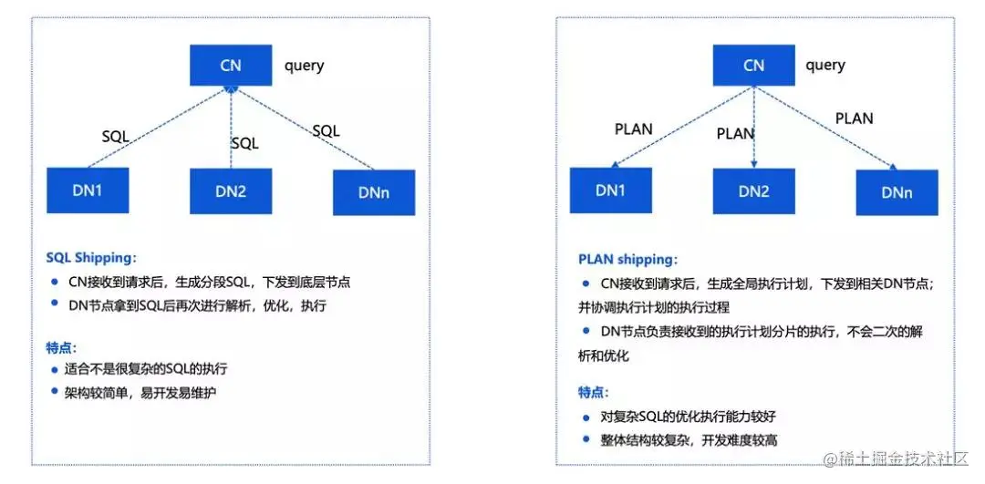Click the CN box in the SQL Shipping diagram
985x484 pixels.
tap(231, 66)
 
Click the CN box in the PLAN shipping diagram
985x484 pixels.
tap(753, 66)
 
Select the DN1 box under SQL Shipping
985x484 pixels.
tap(88, 191)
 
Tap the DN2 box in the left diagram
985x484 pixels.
tap(231, 191)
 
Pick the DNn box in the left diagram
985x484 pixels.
tap(374, 192)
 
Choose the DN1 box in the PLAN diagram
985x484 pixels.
tap(610, 191)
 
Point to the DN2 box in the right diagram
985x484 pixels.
tap(753, 191)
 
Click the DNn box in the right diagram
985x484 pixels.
tap(897, 192)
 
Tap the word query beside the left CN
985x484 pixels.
tap(304, 66)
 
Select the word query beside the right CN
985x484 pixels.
tap(825, 66)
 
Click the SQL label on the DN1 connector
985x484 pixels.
tap(115, 137)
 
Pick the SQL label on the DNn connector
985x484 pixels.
tap(326, 131)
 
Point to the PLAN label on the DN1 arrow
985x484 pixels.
tap(634, 129)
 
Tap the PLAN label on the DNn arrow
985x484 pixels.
tap(854, 118)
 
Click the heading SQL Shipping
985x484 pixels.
tap(90, 258)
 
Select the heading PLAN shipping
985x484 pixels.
tap(626, 260)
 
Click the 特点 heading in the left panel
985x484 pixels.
tap(62, 347)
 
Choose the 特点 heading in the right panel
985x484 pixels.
tap(592, 392)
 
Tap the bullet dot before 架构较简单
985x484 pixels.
tap(55, 393)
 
